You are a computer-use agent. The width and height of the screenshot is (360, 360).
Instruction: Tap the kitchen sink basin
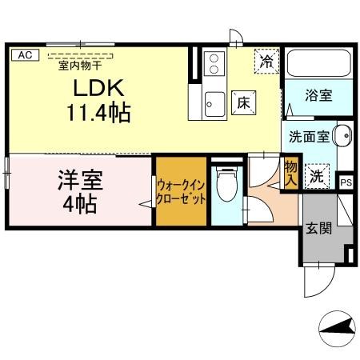(x=214, y=102)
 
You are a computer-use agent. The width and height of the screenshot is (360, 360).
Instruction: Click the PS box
(x=345, y=182)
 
